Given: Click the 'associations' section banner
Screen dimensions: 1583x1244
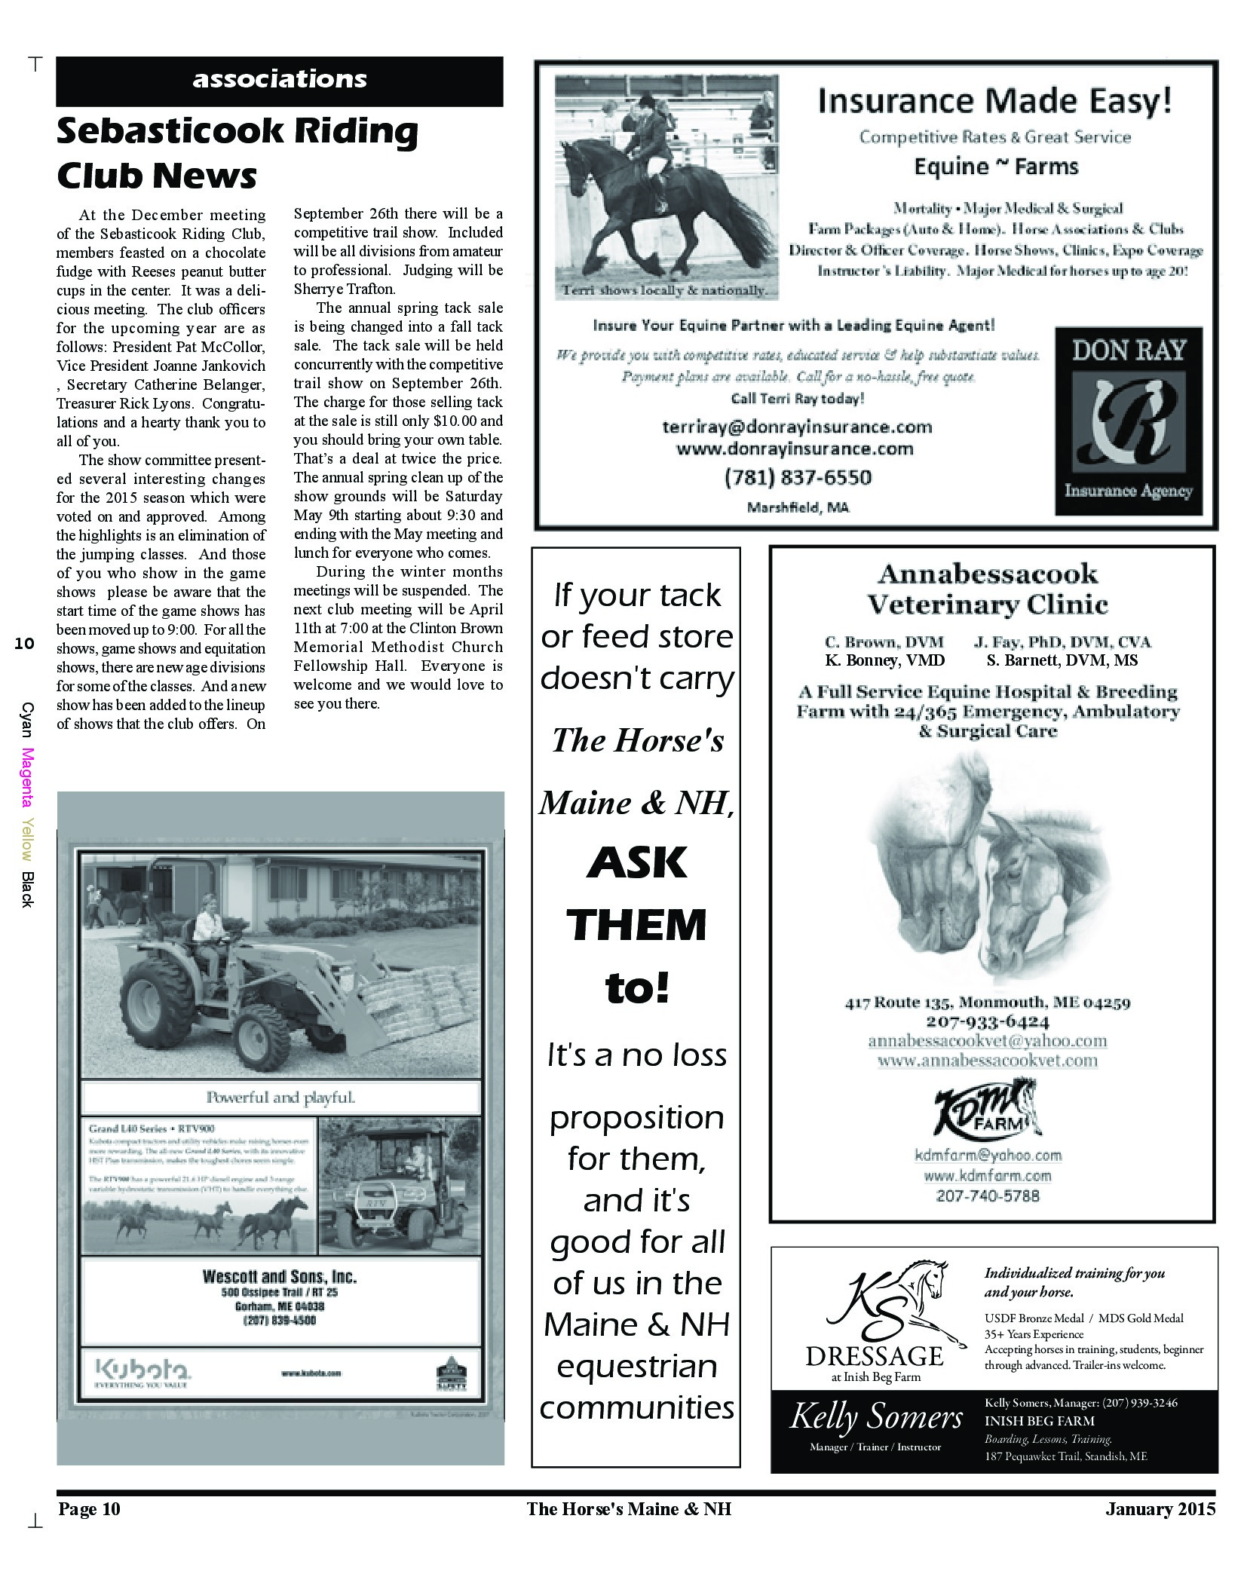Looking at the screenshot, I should tap(280, 80).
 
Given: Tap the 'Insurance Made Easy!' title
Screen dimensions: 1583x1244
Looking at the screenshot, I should tap(994, 100).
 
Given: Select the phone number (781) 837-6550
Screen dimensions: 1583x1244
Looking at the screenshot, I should tap(798, 477).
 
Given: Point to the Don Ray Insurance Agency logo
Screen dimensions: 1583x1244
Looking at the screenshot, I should tap(1128, 421).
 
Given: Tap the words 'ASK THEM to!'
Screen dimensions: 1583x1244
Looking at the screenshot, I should tap(636, 925).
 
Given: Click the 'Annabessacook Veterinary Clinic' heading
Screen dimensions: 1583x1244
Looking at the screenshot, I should tap(988, 589).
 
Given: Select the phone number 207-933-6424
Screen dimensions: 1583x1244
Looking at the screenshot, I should tap(988, 1022).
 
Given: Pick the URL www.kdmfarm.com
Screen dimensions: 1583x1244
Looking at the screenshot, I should tap(988, 1175).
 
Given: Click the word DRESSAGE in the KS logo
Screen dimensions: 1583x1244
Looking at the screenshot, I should tap(875, 1356).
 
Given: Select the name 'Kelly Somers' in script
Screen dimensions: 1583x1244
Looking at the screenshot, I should tap(876, 1418).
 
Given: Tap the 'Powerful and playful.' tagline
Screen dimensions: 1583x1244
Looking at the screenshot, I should tap(280, 1098).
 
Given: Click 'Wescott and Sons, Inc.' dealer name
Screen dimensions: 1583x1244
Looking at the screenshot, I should tap(280, 1277).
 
